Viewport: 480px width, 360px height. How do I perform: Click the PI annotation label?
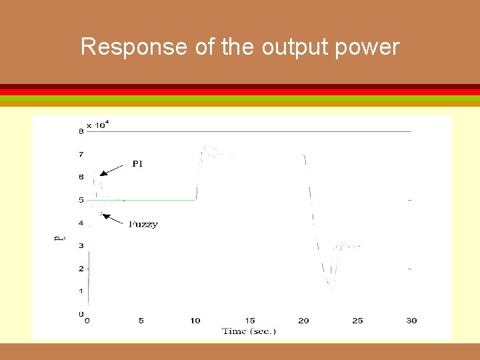[x=137, y=164]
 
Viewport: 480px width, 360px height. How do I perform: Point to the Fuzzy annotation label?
[x=143, y=225]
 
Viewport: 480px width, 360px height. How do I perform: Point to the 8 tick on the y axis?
[x=81, y=131]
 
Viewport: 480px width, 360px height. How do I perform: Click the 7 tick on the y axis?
[x=81, y=155]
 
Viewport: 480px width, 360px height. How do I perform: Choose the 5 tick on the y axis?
[x=81, y=200]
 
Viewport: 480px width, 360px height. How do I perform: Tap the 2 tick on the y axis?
[x=81, y=269]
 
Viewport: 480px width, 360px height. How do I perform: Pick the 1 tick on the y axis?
[x=81, y=291]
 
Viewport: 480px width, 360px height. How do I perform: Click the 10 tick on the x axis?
[x=195, y=321]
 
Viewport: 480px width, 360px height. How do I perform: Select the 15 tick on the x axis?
[x=249, y=321]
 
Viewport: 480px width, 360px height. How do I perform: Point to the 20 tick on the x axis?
[x=303, y=321]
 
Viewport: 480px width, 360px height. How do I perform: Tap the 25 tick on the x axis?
[x=357, y=321]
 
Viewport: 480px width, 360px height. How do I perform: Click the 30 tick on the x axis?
[x=411, y=321]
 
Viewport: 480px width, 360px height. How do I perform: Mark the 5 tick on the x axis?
[x=141, y=321]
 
